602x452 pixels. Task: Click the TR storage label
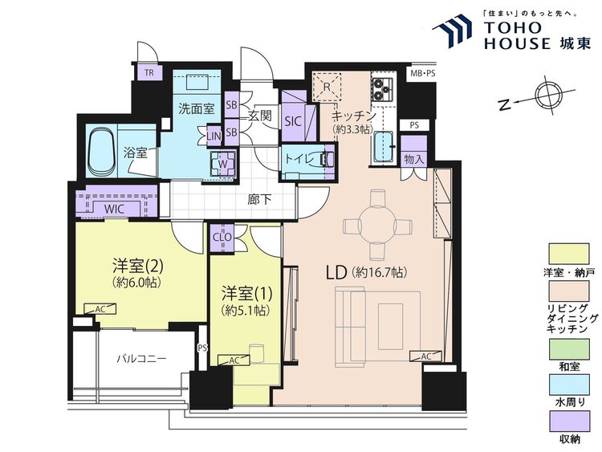[x=149, y=72]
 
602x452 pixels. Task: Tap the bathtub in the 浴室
[x=102, y=151]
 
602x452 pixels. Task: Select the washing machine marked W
[x=222, y=164]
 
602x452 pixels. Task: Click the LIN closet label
[x=214, y=136]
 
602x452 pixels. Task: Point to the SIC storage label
[x=293, y=122]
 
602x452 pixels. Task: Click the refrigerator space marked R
[x=327, y=86]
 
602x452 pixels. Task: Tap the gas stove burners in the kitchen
[x=381, y=89]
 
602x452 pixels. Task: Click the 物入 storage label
[x=413, y=159]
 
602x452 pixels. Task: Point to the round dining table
[x=377, y=224]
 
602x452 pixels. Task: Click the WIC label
[x=114, y=209]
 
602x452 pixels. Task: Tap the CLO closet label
[x=222, y=238]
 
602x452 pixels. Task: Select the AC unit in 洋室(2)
[x=100, y=309]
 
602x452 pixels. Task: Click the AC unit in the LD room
[x=425, y=356]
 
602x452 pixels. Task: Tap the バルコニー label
[x=141, y=360]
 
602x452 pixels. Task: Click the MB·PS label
[x=423, y=73]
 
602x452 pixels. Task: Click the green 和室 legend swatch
[x=569, y=349]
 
